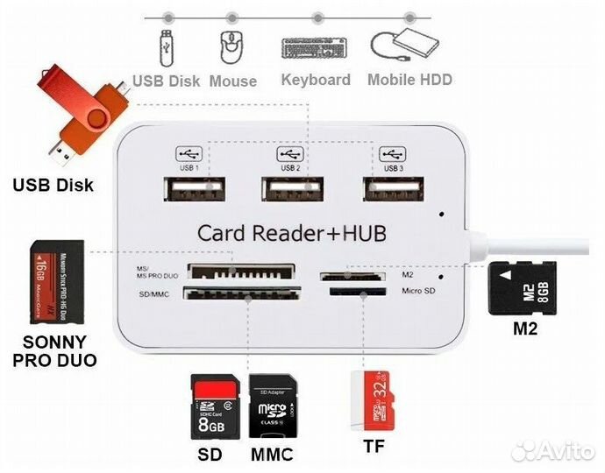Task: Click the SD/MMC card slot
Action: coord(242,294)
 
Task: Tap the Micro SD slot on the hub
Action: coord(354,291)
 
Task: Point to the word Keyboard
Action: coord(315,80)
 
